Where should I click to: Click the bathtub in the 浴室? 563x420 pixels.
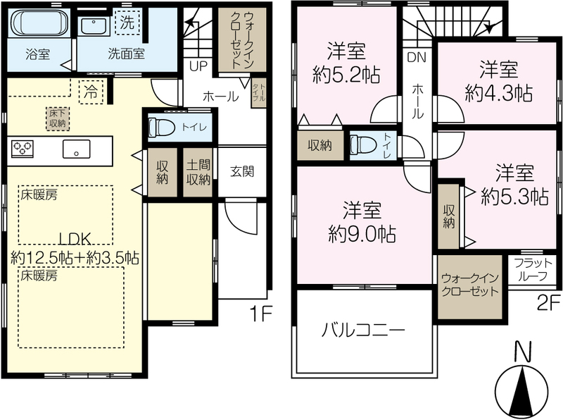coord(39,23)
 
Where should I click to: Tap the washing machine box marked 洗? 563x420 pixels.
coord(127,23)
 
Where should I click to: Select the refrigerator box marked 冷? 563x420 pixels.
coord(91,92)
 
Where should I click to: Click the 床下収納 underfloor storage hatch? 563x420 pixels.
coord(58,118)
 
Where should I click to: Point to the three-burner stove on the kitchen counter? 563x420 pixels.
coord(23,149)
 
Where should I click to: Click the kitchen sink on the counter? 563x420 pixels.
coord(76,149)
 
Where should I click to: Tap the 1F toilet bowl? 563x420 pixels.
coord(162,128)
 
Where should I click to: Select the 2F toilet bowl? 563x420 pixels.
coord(362,144)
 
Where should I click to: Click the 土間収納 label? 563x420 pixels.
coord(198,173)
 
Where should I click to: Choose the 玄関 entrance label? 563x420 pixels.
coord(242,171)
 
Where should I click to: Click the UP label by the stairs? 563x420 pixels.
coord(198,66)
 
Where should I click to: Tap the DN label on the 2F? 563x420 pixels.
coord(417,58)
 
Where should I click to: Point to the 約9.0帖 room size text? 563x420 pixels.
coord(362,235)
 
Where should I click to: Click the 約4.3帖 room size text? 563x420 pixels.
coord(498,94)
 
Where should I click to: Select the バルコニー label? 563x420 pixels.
coord(363,330)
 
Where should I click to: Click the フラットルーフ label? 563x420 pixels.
coord(533,270)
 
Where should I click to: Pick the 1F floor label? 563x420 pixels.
coord(262,314)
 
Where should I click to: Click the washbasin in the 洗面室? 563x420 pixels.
coord(94,26)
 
